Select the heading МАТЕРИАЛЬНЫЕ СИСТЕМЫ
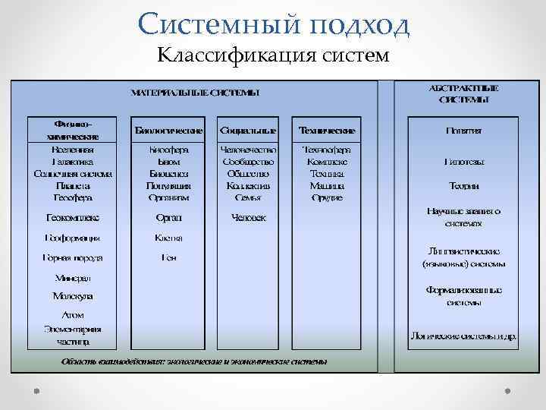click(195, 93)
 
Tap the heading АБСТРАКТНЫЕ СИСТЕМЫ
click(463, 93)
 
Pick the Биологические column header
click(168, 130)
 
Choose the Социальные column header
click(248, 130)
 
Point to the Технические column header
click(327, 130)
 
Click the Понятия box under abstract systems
click(463, 130)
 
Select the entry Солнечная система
click(73, 173)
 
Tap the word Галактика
click(73, 162)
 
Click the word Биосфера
click(168, 150)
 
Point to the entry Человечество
click(248, 150)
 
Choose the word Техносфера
click(327, 150)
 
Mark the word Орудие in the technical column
click(327, 197)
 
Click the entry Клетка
click(168, 238)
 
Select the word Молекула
click(73, 296)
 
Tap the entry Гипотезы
click(463, 162)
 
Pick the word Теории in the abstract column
click(463, 186)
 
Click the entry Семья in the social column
click(248, 197)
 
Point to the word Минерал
click(73, 278)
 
